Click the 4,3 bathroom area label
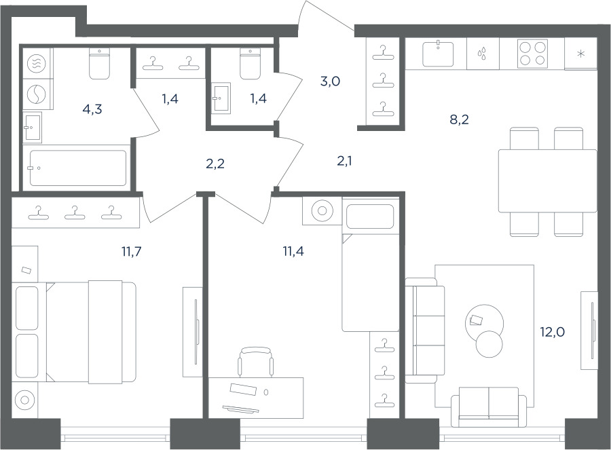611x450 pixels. (92, 109)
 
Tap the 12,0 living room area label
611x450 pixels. (552, 333)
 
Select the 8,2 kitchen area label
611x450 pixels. (459, 119)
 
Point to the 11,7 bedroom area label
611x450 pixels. (131, 252)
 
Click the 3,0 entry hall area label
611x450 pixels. (330, 81)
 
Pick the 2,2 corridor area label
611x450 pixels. (215, 164)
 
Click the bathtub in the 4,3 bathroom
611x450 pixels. (77, 168)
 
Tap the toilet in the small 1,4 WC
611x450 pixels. (250, 64)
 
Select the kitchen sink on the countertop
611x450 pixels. (439, 54)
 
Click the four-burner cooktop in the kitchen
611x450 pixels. (532, 54)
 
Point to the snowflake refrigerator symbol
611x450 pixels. (580, 54)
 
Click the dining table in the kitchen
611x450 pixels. (547, 181)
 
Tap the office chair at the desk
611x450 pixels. (256, 362)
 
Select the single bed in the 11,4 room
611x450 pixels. (371, 264)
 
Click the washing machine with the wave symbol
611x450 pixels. (36, 63)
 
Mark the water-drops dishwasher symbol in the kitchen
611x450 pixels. (483, 54)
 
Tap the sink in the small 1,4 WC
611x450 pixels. (221, 98)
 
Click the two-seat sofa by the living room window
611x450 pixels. (489, 407)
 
